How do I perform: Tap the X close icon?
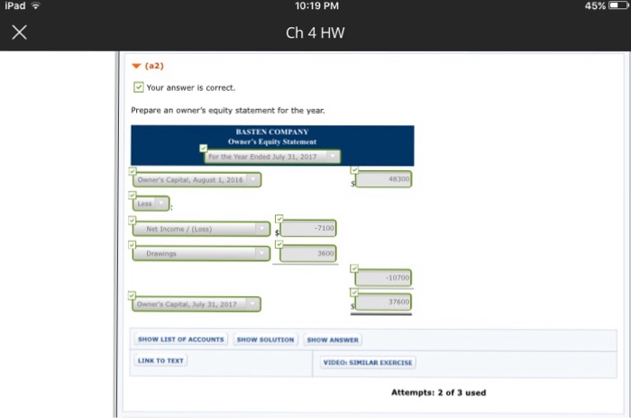(x=20, y=33)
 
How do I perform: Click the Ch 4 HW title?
(x=315, y=33)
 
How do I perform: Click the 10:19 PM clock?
(x=315, y=6)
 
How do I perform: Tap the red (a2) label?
(x=153, y=66)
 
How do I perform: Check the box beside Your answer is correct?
(x=138, y=87)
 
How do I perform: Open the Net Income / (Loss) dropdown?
(x=202, y=229)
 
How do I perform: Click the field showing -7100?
(x=309, y=229)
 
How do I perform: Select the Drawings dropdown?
(x=202, y=254)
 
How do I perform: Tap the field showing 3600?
(x=309, y=254)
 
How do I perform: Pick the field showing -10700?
(x=383, y=278)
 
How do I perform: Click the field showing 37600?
(x=383, y=303)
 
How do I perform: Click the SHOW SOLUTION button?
(x=265, y=340)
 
